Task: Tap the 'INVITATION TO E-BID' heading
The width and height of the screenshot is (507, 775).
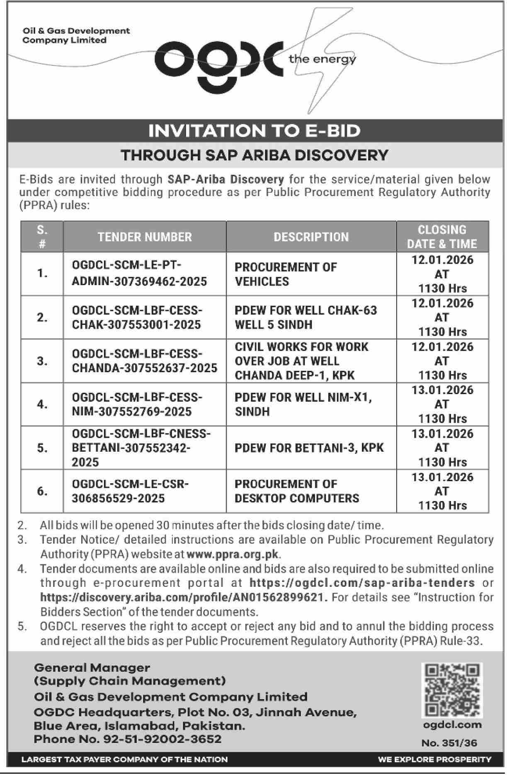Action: pyautogui.click(x=254, y=131)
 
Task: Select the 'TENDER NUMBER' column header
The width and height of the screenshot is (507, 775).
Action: pyautogui.click(x=145, y=237)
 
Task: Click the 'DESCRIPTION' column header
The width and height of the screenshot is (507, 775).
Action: pyautogui.click(x=311, y=237)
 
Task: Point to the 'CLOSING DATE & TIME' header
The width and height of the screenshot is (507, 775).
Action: pyautogui.click(x=442, y=237)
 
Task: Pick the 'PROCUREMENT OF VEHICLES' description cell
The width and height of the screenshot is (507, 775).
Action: pyautogui.click(x=286, y=274)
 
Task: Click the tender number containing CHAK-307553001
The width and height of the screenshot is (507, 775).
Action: pyautogui.click(x=137, y=317)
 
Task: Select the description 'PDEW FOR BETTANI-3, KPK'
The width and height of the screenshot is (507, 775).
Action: pyautogui.click(x=309, y=448)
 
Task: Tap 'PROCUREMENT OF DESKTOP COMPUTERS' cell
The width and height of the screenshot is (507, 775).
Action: pyautogui.click(x=296, y=491)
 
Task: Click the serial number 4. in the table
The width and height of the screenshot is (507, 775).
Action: pyautogui.click(x=42, y=404)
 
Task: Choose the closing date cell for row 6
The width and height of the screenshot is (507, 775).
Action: pyautogui.click(x=442, y=491)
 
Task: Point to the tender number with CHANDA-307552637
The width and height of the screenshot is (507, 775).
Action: pyautogui.click(x=144, y=361)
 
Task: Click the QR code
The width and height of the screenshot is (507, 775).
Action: pyautogui.click(x=452, y=690)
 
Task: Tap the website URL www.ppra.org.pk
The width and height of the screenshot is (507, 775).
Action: pyautogui.click(x=233, y=554)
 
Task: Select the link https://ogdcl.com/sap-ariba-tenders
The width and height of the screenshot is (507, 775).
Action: pyautogui.click(x=362, y=583)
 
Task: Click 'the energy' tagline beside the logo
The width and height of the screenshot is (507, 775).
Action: pyautogui.click(x=322, y=59)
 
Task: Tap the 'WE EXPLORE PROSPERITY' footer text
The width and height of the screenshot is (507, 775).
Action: pyautogui.click(x=434, y=760)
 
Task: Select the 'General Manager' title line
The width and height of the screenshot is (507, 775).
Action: pyautogui.click(x=92, y=668)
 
